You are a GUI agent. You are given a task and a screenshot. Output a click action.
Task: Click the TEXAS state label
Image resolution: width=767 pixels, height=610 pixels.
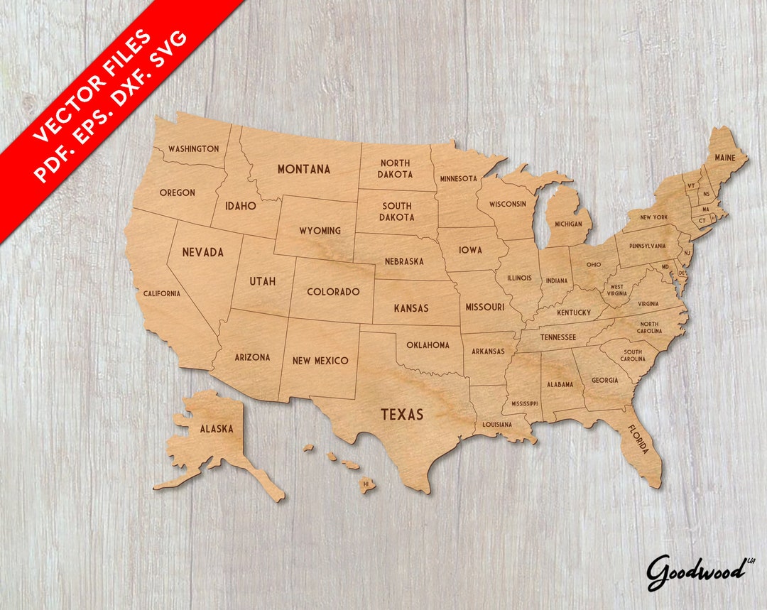click(x=402, y=415)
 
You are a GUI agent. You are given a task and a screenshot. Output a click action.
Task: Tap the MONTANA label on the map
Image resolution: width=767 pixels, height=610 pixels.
click(x=303, y=169)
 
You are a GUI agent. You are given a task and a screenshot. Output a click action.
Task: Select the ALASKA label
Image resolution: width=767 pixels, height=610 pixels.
click(x=216, y=429)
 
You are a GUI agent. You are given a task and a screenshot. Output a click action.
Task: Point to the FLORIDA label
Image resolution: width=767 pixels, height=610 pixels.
click(x=638, y=440)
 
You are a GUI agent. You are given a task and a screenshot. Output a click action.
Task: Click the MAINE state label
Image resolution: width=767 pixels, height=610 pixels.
click(x=725, y=157)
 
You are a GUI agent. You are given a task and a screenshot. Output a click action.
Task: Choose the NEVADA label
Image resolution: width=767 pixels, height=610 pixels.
click(x=202, y=252)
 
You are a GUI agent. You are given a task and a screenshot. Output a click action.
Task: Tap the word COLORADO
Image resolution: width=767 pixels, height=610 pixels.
click(x=333, y=292)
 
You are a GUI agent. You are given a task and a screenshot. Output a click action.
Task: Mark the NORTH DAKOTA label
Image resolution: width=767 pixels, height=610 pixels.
click(x=395, y=168)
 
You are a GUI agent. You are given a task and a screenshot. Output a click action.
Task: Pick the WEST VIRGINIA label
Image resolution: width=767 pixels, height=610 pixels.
click(x=616, y=290)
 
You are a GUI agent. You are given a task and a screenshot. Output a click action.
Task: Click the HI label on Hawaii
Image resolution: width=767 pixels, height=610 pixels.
click(x=366, y=484)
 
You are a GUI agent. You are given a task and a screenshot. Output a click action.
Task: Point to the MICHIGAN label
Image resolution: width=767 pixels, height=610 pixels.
click(x=568, y=224)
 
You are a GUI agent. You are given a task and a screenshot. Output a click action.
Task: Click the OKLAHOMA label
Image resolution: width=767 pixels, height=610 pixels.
click(x=428, y=345)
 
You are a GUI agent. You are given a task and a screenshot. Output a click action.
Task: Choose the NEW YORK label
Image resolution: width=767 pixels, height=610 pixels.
click(x=653, y=217)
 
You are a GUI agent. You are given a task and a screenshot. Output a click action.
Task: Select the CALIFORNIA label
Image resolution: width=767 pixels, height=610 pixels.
click(x=161, y=293)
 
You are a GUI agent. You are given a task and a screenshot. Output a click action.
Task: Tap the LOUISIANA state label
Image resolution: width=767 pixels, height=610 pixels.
click(x=497, y=425)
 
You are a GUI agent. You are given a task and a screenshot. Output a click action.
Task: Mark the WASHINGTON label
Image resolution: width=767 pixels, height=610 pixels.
click(x=193, y=149)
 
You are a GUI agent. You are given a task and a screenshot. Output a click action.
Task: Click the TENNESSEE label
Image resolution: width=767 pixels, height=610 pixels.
click(x=557, y=337)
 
